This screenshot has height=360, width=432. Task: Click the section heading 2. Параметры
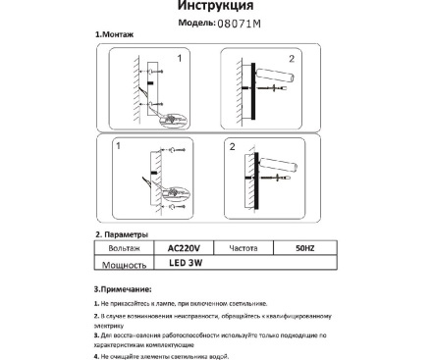(x=122, y=235)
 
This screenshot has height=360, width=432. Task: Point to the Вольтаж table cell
(x=122, y=249)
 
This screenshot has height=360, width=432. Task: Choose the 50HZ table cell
(x=305, y=249)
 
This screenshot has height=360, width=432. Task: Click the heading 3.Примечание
(x=124, y=290)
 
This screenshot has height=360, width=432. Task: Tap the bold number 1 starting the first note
(x=96, y=306)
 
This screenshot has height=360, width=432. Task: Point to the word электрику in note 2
(x=117, y=327)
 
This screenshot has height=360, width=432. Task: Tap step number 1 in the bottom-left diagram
(x=118, y=145)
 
